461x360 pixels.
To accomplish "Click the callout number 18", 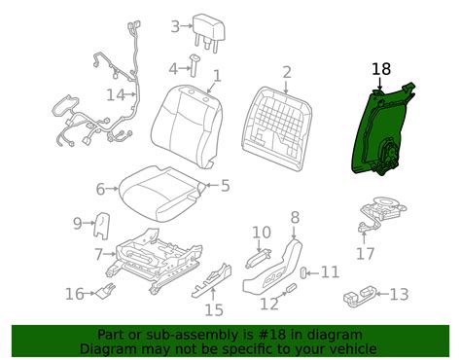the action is [381, 69].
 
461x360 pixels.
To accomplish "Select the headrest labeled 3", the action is [209, 32].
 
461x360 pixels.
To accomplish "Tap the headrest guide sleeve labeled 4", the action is [194, 65].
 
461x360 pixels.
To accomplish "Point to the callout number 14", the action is [116, 95].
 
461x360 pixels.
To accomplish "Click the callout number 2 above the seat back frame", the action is [287, 73].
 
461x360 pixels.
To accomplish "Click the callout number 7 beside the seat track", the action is [99, 255].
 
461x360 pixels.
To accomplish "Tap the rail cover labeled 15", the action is [212, 280].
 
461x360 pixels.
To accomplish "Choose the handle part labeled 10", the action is [258, 258].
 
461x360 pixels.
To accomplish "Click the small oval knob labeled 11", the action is [303, 273].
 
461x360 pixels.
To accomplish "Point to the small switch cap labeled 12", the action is [291, 288].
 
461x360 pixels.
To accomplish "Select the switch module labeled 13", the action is [360, 297].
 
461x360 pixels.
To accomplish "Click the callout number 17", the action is [366, 253].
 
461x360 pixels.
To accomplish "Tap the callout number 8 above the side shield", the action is [295, 218].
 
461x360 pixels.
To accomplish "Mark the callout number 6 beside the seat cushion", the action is [101, 189].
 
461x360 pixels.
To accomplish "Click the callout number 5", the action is [225, 186].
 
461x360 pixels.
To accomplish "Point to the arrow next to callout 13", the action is [382, 294].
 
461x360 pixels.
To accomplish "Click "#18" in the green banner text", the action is [273, 335].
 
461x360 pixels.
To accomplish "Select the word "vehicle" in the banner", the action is [354, 349].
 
